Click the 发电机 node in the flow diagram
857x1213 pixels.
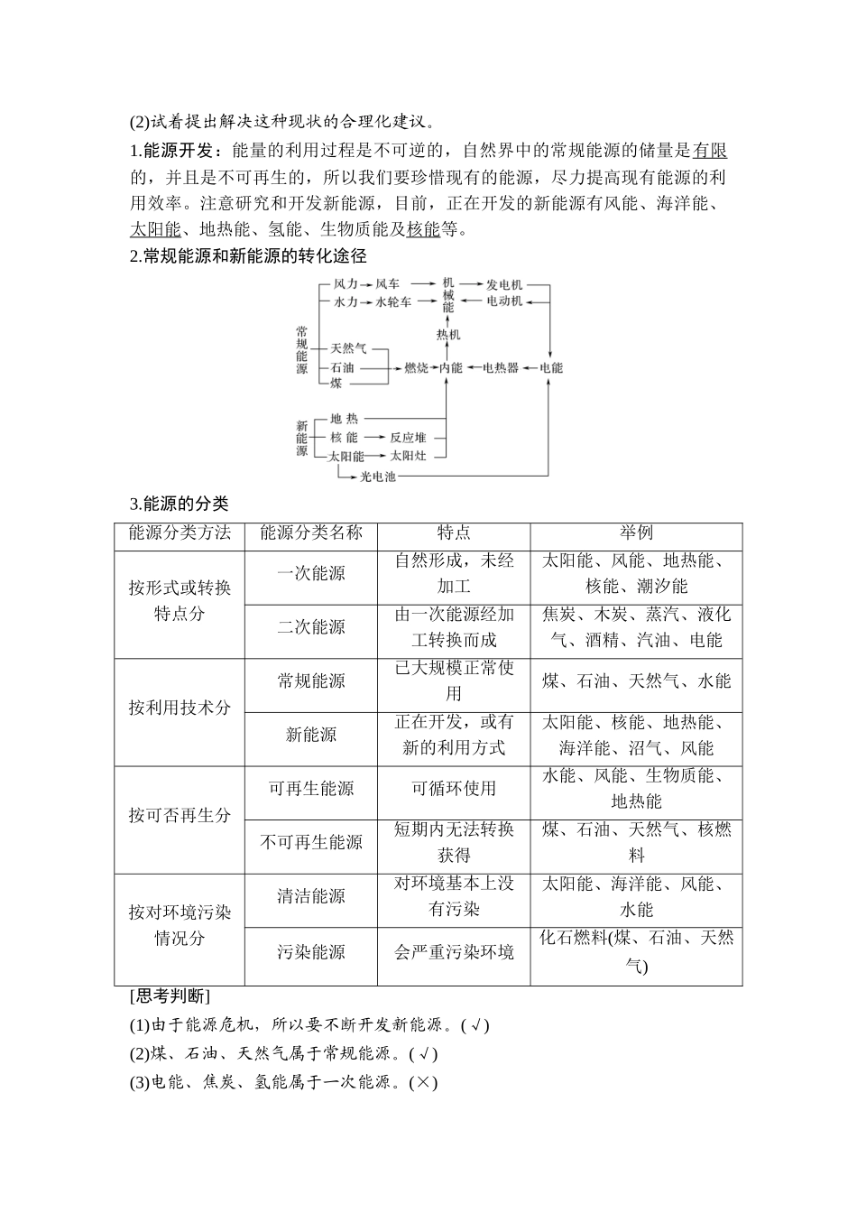(x=504, y=284)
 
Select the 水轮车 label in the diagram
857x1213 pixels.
(x=394, y=301)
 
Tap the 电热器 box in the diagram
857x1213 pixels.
(x=501, y=368)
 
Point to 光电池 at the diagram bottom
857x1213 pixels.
(x=378, y=476)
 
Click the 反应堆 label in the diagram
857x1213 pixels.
(x=408, y=438)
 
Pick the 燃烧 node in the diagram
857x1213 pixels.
(x=416, y=368)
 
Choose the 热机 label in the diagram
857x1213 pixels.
(x=448, y=335)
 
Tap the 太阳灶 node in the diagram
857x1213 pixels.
(x=408, y=457)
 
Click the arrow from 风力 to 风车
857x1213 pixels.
(x=366, y=284)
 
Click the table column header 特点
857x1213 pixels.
(x=454, y=533)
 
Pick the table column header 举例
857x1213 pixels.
(x=636, y=533)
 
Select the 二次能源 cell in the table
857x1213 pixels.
(x=311, y=627)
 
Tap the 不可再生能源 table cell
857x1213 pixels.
(x=311, y=842)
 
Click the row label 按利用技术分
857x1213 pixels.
(x=180, y=708)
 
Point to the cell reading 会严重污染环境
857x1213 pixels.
(x=454, y=951)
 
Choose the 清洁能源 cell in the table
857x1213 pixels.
(x=311, y=896)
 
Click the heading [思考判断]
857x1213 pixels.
(x=170, y=997)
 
